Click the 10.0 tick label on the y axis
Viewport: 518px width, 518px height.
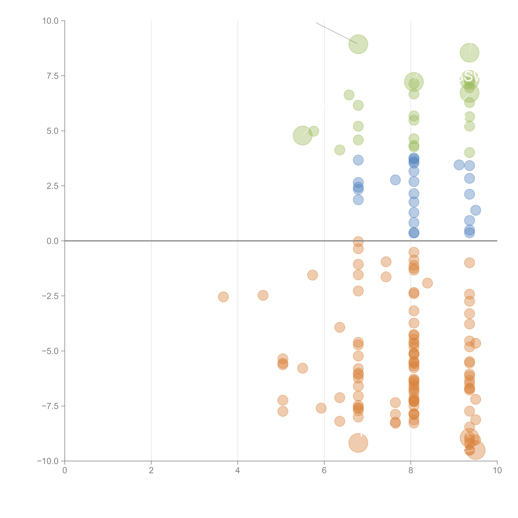click(50, 21)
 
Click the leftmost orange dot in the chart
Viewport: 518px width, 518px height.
click(223, 297)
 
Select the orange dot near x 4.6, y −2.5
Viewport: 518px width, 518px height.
click(263, 295)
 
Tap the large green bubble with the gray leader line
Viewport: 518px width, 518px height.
click(358, 44)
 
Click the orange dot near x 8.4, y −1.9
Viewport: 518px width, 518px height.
click(427, 283)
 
